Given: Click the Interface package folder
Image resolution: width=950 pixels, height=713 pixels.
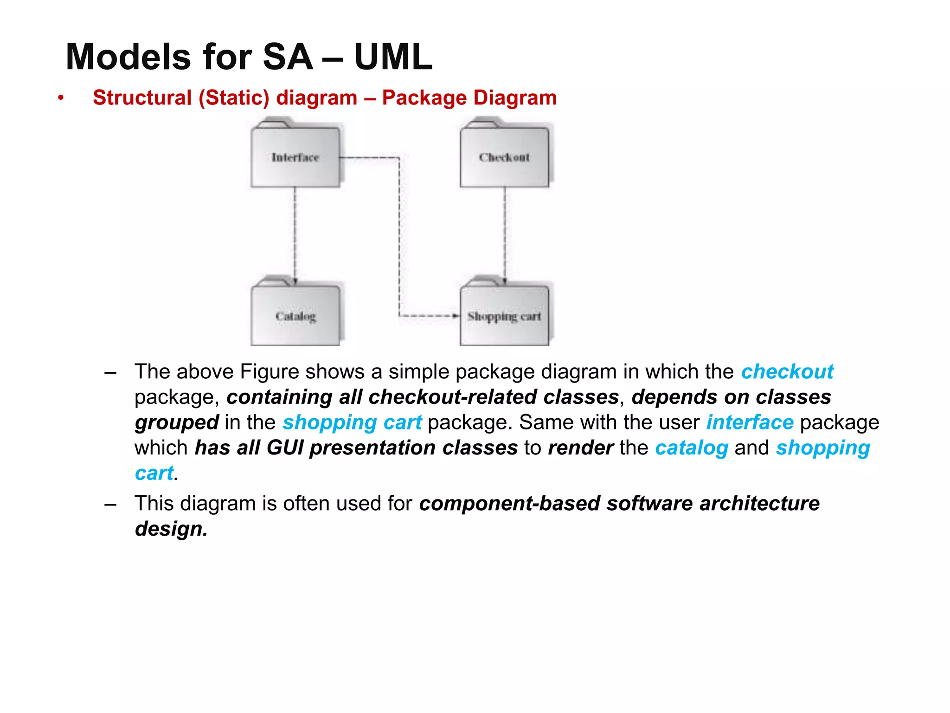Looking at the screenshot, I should (x=295, y=157).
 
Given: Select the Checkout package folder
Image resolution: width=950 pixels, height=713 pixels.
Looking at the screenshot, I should (x=504, y=157).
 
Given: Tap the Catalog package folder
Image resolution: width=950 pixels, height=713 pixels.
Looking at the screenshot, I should (x=295, y=316).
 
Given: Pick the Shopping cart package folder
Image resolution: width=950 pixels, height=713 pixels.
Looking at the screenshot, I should (x=504, y=316).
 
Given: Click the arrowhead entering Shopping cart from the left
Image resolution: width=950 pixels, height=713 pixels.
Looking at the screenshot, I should (x=456, y=316).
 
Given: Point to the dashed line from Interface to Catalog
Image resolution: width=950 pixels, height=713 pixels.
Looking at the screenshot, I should (x=295, y=232).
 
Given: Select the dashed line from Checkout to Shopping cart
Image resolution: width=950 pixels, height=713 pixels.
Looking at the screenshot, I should (x=505, y=232).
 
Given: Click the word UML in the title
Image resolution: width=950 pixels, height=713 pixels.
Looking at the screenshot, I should (x=393, y=57).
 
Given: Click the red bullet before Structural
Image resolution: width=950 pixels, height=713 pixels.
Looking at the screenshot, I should (x=60, y=98).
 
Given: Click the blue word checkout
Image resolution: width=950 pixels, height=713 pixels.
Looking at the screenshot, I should (x=787, y=372).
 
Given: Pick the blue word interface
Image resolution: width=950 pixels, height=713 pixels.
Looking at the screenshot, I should (x=750, y=422).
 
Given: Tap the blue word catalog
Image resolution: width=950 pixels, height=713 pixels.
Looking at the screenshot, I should (x=692, y=448).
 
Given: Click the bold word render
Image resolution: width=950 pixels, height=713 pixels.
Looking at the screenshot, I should (x=580, y=448).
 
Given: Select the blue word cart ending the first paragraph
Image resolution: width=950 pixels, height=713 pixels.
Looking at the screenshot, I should (x=154, y=473).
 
